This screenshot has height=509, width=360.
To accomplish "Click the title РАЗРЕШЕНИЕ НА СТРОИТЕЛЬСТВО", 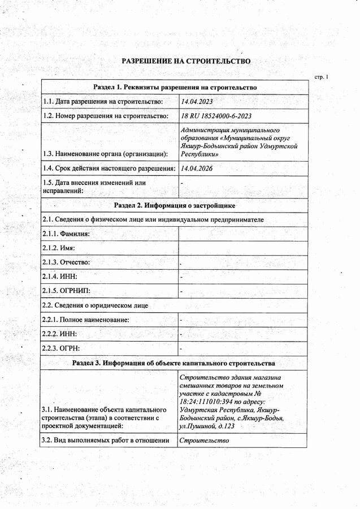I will (x=186, y=61).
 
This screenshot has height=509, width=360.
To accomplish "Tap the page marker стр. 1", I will (x=320, y=76).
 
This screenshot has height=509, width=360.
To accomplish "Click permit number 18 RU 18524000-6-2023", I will (x=215, y=116).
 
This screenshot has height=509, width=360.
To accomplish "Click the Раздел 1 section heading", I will (x=175, y=87).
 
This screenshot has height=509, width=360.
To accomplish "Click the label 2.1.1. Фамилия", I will (x=66, y=234).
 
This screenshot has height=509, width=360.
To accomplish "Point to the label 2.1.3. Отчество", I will (x=66, y=262).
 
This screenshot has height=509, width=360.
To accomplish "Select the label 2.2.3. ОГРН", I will (x=61, y=348).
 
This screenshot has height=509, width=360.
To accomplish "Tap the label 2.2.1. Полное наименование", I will (x=86, y=320).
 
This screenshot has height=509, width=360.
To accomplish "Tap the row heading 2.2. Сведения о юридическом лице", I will (x=96, y=305).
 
